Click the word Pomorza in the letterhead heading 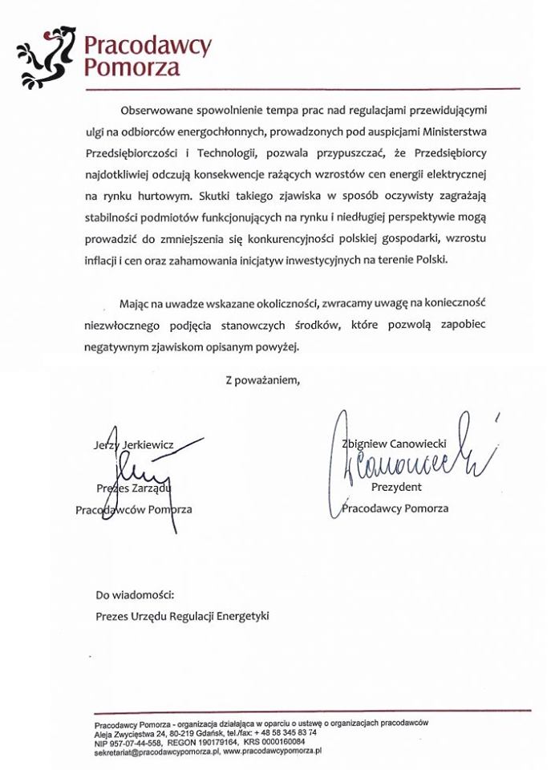pyautogui.click(x=124, y=67)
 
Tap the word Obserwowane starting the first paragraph pyautogui.click(x=157, y=109)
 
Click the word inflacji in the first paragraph pyautogui.click(x=103, y=261)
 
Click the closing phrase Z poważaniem pyautogui.click(x=261, y=379)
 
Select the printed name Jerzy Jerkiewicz pyautogui.click(x=133, y=444)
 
